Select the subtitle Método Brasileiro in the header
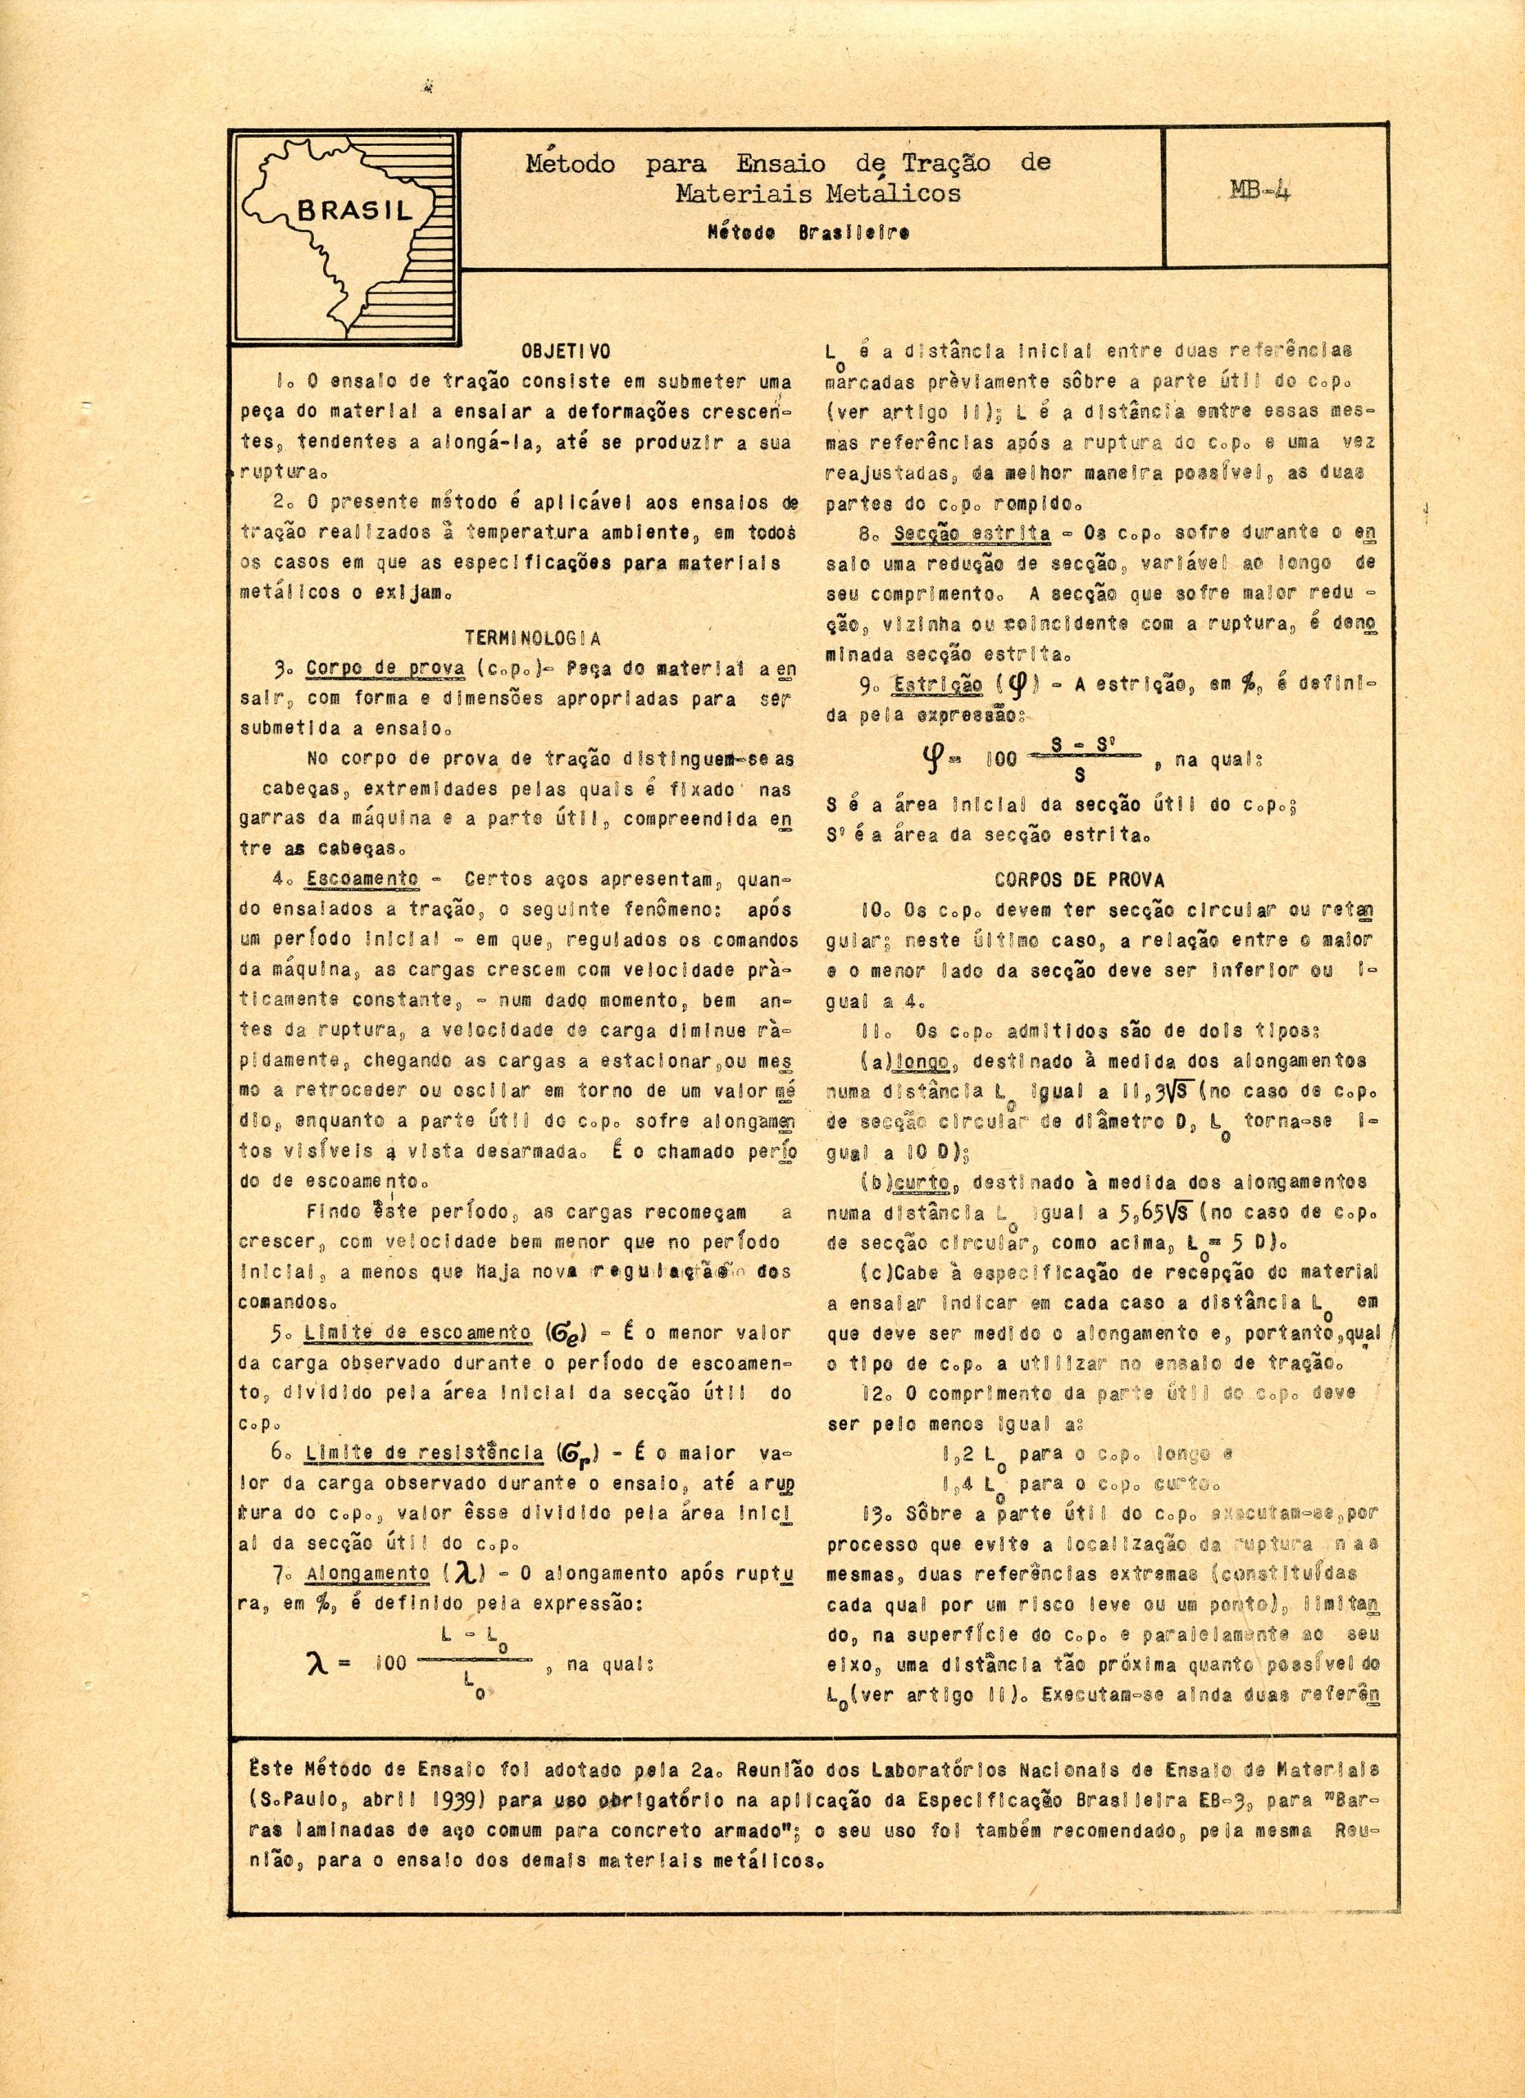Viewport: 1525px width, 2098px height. tap(807, 232)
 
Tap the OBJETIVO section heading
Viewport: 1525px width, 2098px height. tap(566, 352)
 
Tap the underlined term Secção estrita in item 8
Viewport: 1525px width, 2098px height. tap(972, 534)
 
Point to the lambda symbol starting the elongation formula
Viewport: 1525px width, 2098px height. tap(316, 1663)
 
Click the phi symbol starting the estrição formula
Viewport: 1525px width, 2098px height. tap(927, 760)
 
